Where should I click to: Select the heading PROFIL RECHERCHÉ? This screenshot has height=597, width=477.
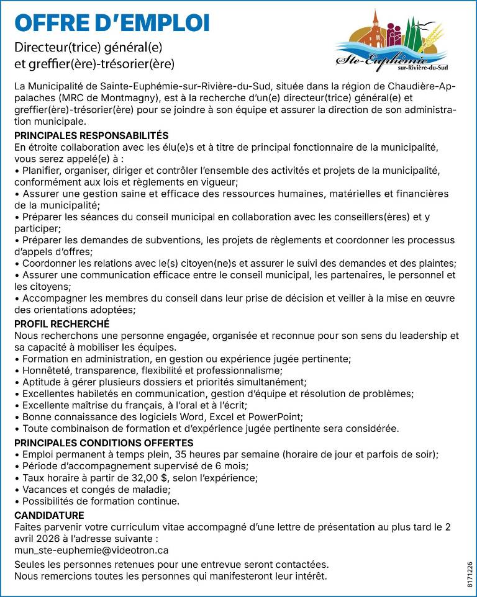61,324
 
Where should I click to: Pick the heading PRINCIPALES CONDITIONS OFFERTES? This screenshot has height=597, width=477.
104,443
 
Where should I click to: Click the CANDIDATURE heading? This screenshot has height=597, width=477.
49,515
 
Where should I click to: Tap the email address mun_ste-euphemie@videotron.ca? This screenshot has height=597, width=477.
91,550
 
